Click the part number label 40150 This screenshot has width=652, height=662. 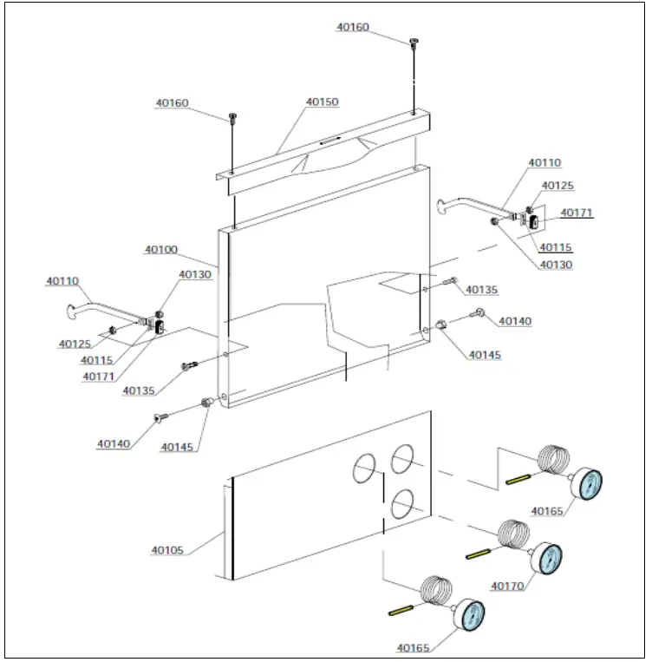(322, 102)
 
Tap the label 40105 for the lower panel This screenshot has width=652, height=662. (166, 550)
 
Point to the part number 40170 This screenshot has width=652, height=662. (507, 586)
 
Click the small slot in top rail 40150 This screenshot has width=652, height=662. (329, 138)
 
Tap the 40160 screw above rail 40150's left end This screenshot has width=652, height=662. (232, 117)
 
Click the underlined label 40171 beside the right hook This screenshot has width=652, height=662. (577, 213)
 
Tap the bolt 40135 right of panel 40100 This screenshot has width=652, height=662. (451, 280)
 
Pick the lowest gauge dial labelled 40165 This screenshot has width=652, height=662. (469, 616)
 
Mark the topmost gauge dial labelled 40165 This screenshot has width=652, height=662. (585, 484)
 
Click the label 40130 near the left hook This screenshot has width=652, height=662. (195, 275)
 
